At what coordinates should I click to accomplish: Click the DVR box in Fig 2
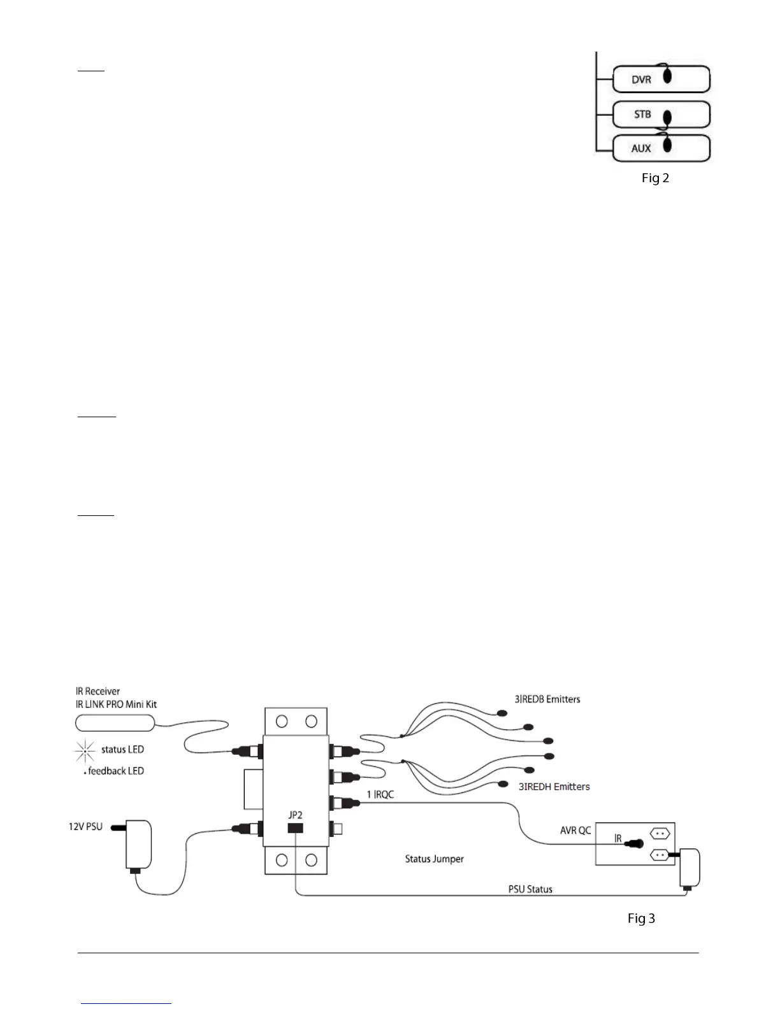pyautogui.click(x=661, y=80)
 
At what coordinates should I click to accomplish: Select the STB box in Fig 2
pyautogui.click(x=661, y=115)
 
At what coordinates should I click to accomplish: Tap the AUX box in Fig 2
pyautogui.click(x=661, y=148)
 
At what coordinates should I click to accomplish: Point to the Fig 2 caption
pyautogui.click(x=655, y=178)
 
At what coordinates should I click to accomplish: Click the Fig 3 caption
pyautogui.click(x=641, y=918)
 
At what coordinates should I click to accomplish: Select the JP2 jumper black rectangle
pyautogui.click(x=295, y=828)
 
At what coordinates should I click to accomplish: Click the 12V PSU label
pyautogui.click(x=85, y=826)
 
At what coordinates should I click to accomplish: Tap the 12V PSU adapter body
pyautogui.click(x=139, y=844)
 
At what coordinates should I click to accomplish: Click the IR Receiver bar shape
pyautogui.click(x=115, y=722)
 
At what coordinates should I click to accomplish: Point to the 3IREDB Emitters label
pyautogui.click(x=547, y=699)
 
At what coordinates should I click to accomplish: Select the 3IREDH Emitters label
pyautogui.click(x=554, y=787)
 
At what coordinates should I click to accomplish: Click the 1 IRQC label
pyautogui.click(x=380, y=794)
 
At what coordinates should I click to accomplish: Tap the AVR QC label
pyautogui.click(x=575, y=830)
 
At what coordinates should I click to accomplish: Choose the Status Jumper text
pyautogui.click(x=435, y=859)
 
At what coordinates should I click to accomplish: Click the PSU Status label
pyautogui.click(x=530, y=889)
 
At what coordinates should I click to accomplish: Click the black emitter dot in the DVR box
pyautogui.click(x=668, y=76)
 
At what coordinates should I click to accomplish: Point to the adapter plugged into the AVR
pyautogui.click(x=689, y=868)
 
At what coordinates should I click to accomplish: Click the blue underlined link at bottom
pyautogui.click(x=126, y=1003)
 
